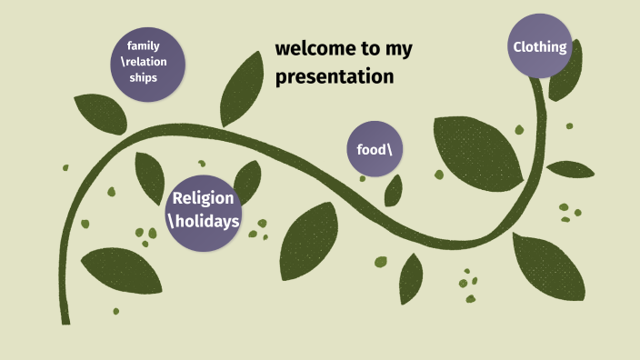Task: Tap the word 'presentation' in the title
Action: (x=335, y=77)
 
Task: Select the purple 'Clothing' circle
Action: (x=540, y=46)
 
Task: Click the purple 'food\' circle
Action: (x=375, y=148)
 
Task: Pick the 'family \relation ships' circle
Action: (x=145, y=62)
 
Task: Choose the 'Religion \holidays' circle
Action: (x=203, y=210)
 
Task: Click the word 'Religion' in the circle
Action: (x=203, y=198)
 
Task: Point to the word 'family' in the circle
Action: (x=144, y=45)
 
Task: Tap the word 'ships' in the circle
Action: (x=144, y=78)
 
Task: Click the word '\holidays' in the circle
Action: (x=203, y=221)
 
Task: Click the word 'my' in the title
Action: (x=401, y=50)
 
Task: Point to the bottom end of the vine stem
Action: (x=65, y=320)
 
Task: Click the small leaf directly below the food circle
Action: (x=393, y=191)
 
